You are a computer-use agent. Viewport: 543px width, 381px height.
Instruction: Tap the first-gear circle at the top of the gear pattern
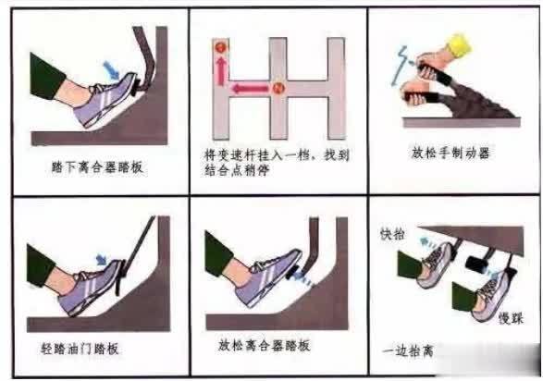221,45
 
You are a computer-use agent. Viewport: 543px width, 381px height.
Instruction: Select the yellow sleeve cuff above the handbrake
456,45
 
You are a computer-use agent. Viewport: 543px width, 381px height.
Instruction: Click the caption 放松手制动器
451,154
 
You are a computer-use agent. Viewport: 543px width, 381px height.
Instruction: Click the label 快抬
392,235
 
